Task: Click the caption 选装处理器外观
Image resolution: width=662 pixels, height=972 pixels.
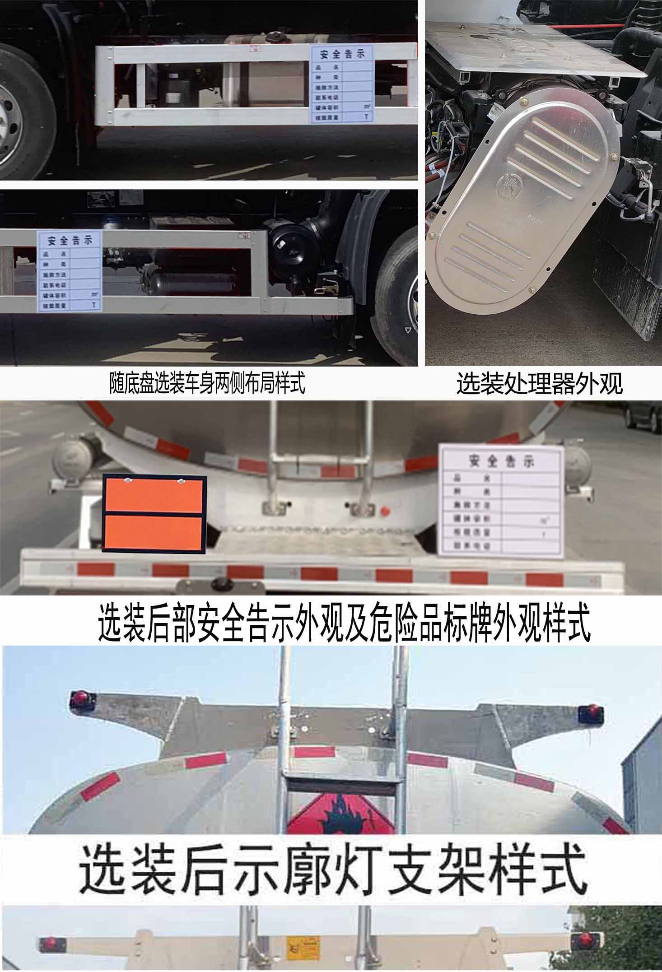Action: [x=539, y=384]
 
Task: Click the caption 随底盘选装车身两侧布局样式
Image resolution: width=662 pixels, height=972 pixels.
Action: [x=207, y=383]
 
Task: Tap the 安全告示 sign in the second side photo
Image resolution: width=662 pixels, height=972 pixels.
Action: [x=69, y=271]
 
